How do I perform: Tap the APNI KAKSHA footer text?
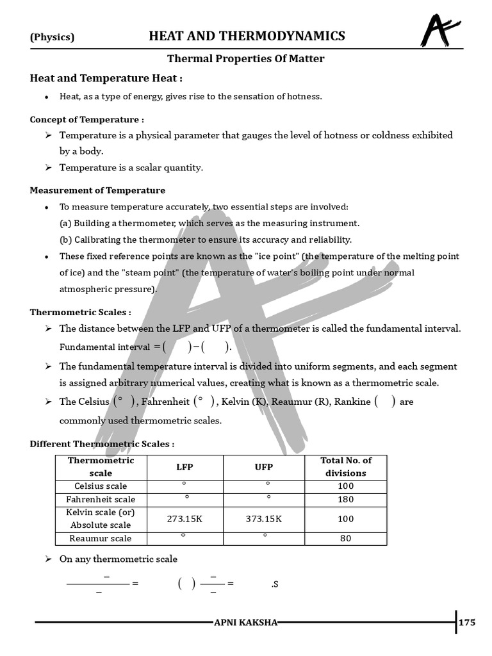click(x=245, y=623)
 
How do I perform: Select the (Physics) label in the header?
click(x=53, y=37)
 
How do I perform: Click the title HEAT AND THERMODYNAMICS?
click(x=247, y=36)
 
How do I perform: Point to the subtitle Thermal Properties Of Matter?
click(x=246, y=59)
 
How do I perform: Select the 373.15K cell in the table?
click(x=264, y=519)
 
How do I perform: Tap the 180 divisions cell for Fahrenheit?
click(x=345, y=499)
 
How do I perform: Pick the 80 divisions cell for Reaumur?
click(x=345, y=538)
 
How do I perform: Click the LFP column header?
click(x=184, y=467)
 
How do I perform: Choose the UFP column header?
click(x=264, y=467)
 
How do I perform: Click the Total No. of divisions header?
click(x=345, y=467)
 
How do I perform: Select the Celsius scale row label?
click(x=101, y=486)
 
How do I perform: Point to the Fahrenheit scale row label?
click(x=101, y=499)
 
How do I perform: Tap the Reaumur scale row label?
click(x=101, y=538)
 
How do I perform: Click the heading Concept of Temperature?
click(x=87, y=120)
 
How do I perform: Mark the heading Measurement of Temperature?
click(x=97, y=190)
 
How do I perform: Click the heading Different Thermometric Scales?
click(x=102, y=444)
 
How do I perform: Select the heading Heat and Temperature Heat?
click(x=106, y=78)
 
